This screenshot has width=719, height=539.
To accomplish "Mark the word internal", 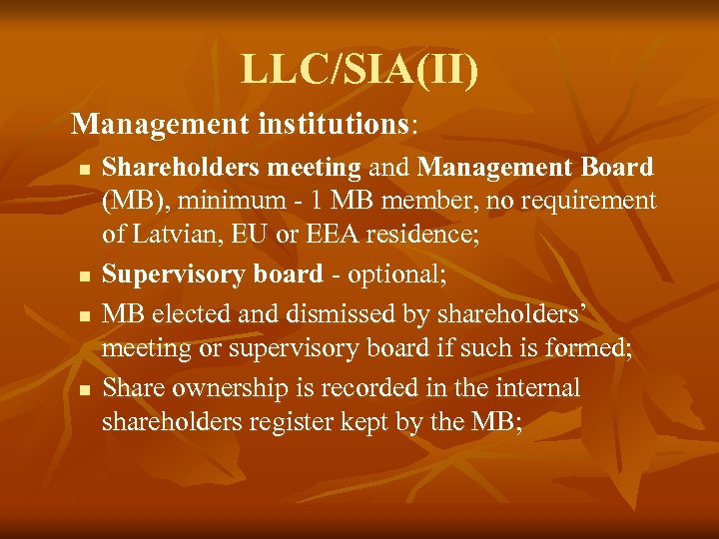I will point(528,387).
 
